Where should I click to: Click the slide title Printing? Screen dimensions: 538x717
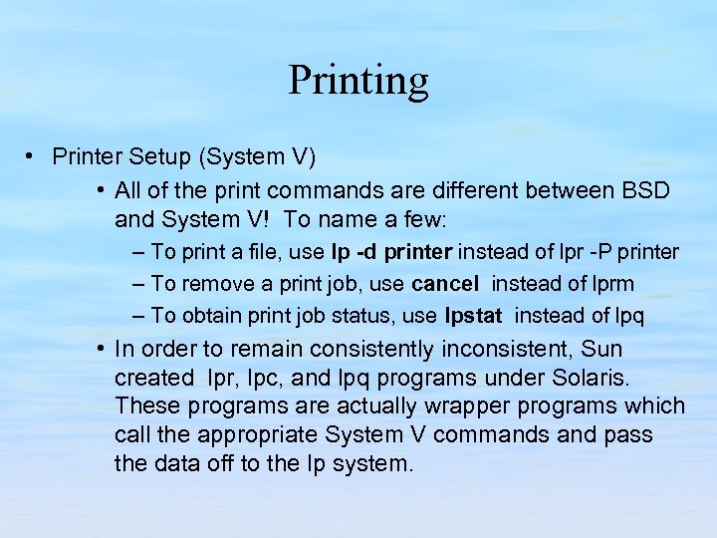[x=358, y=80]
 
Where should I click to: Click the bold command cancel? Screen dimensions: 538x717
[x=445, y=284]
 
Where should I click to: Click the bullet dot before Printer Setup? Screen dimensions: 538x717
[x=33, y=156]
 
